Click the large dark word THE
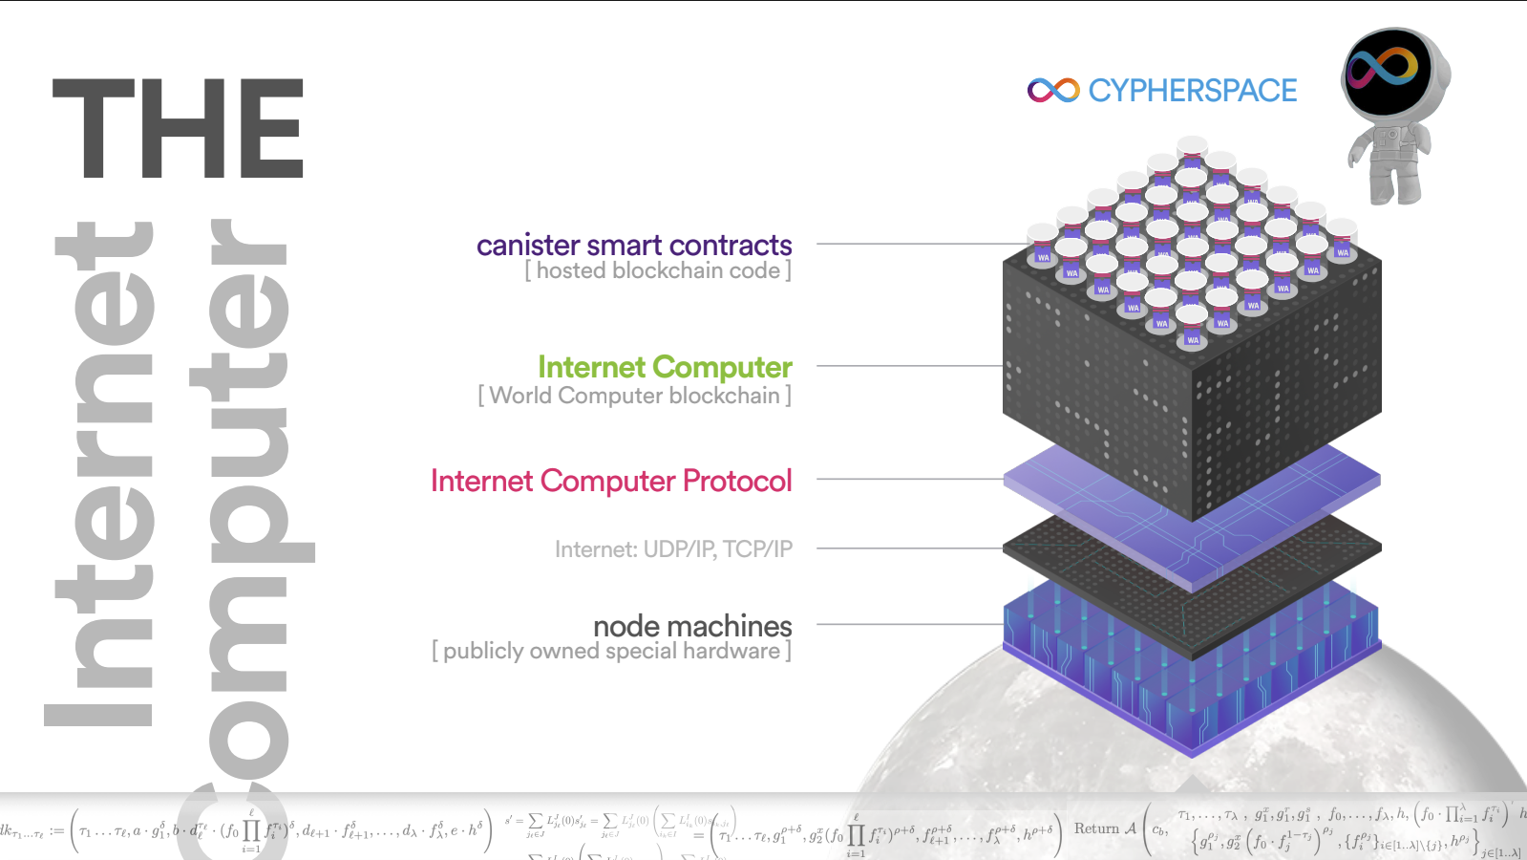[179, 129]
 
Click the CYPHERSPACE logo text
[1192, 91]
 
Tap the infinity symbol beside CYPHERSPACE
[1052, 91]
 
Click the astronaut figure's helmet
[1389, 72]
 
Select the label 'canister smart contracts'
[634, 246]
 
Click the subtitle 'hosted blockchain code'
[658, 271]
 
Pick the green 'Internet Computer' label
[665, 367]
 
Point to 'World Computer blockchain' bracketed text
[635, 396]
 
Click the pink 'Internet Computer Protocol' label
[611, 481]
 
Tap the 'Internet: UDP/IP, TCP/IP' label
[673, 549]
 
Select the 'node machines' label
[692, 626]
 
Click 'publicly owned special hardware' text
[611, 652]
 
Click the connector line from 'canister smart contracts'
[907, 244]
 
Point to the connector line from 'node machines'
[907, 624]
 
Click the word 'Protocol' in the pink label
[737, 481]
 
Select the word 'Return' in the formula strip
[1096, 828]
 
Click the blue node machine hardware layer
[1192, 688]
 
